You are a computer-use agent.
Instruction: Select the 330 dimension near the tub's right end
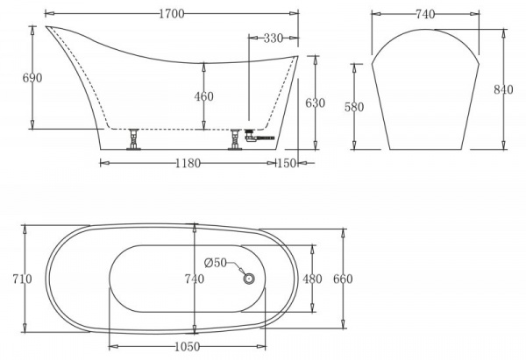click(272, 39)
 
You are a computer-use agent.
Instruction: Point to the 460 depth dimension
click(203, 96)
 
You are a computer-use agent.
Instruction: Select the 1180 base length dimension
click(187, 163)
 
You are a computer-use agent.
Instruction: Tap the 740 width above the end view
click(426, 14)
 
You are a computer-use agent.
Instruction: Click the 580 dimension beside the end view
click(353, 107)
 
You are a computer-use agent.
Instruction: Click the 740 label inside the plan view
click(194, 279)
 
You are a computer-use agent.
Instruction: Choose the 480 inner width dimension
click(313, 279)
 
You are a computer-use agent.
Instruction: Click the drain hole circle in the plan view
click(248, 279)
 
